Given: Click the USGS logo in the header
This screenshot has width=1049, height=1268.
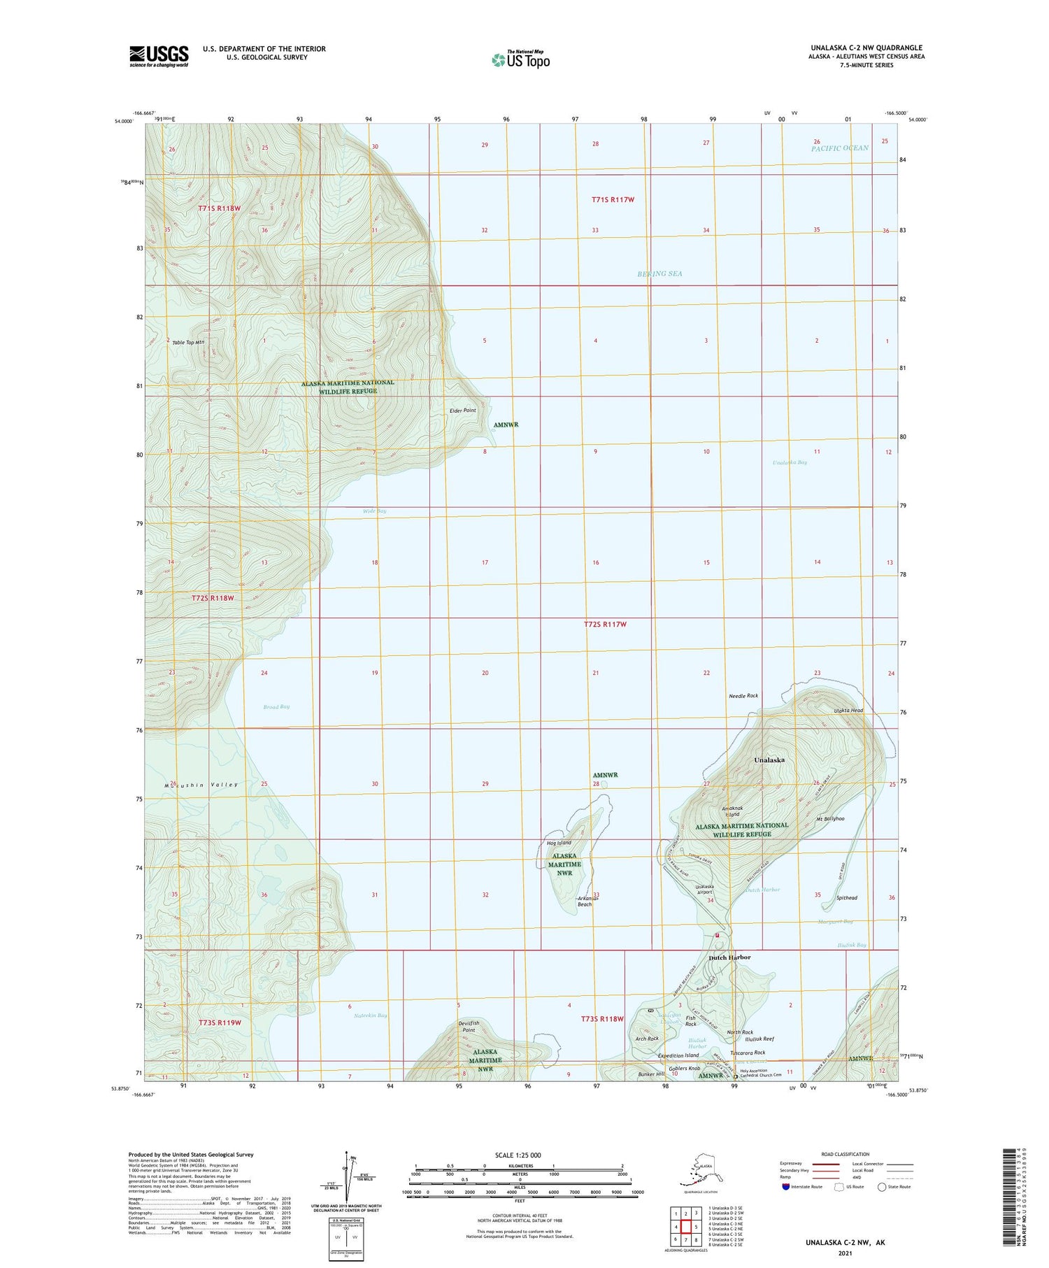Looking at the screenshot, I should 159,56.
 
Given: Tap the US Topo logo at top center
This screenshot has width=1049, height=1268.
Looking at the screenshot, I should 521,59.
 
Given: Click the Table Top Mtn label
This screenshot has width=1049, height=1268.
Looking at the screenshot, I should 188,342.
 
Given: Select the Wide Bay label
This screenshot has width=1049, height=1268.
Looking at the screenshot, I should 374,511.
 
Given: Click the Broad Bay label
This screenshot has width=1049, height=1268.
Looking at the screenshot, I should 276,706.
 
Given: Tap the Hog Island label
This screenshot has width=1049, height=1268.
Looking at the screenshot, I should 559,843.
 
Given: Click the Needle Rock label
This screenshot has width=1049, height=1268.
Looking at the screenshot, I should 743,696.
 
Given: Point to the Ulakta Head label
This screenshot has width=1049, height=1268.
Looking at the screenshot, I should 848,711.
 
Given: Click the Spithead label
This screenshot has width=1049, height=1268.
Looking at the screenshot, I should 846,898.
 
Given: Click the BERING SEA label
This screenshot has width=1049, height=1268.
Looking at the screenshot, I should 659,273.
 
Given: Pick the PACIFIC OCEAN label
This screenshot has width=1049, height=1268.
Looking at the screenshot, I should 840,148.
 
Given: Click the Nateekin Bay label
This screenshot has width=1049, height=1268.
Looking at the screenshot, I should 370,1015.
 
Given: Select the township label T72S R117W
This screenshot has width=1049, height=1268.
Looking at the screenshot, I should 605,624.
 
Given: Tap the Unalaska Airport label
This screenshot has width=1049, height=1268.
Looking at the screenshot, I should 704,890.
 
